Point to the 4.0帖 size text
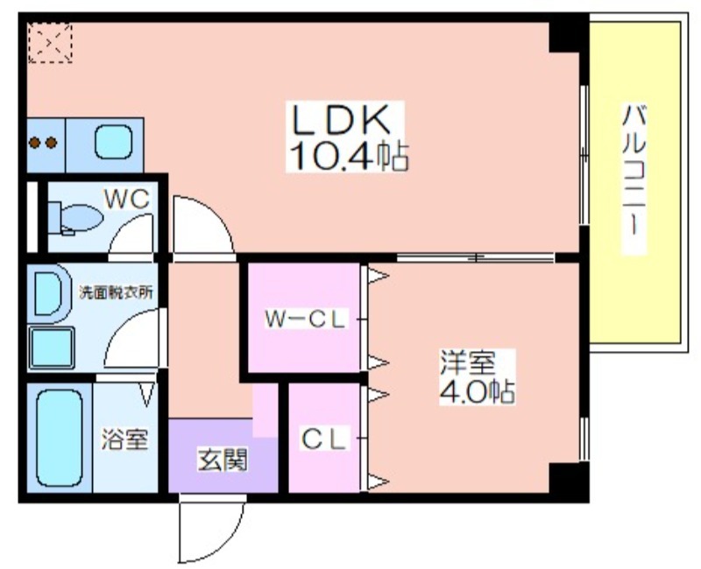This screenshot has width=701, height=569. pos(477,391)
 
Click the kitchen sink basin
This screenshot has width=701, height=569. pos(112,142)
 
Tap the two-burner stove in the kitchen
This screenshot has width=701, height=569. pos(44,143)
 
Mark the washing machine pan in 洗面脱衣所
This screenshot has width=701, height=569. pos(52,347)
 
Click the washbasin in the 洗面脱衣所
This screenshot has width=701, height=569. pos(48,292)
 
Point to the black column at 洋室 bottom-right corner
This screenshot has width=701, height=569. pos(567,480)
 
